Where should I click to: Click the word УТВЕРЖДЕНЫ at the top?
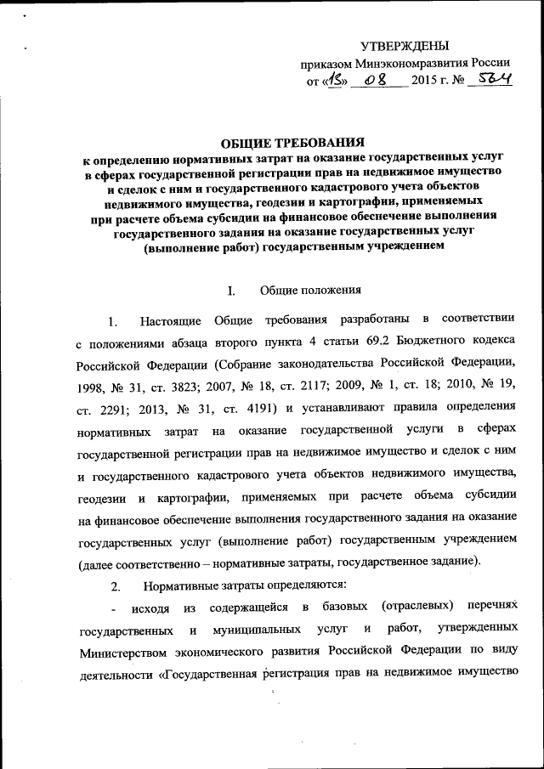point(405,46)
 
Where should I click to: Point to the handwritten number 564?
point(495,81)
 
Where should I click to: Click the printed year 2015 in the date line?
point(427,82)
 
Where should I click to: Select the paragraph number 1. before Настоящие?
point(113,321)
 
